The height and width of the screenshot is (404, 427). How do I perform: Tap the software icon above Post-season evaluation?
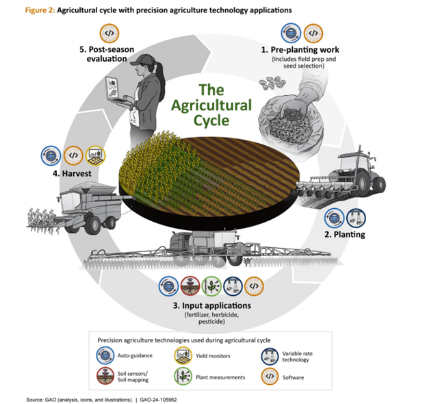coord(109,32)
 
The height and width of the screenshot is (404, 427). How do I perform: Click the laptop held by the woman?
coord(114,88)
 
